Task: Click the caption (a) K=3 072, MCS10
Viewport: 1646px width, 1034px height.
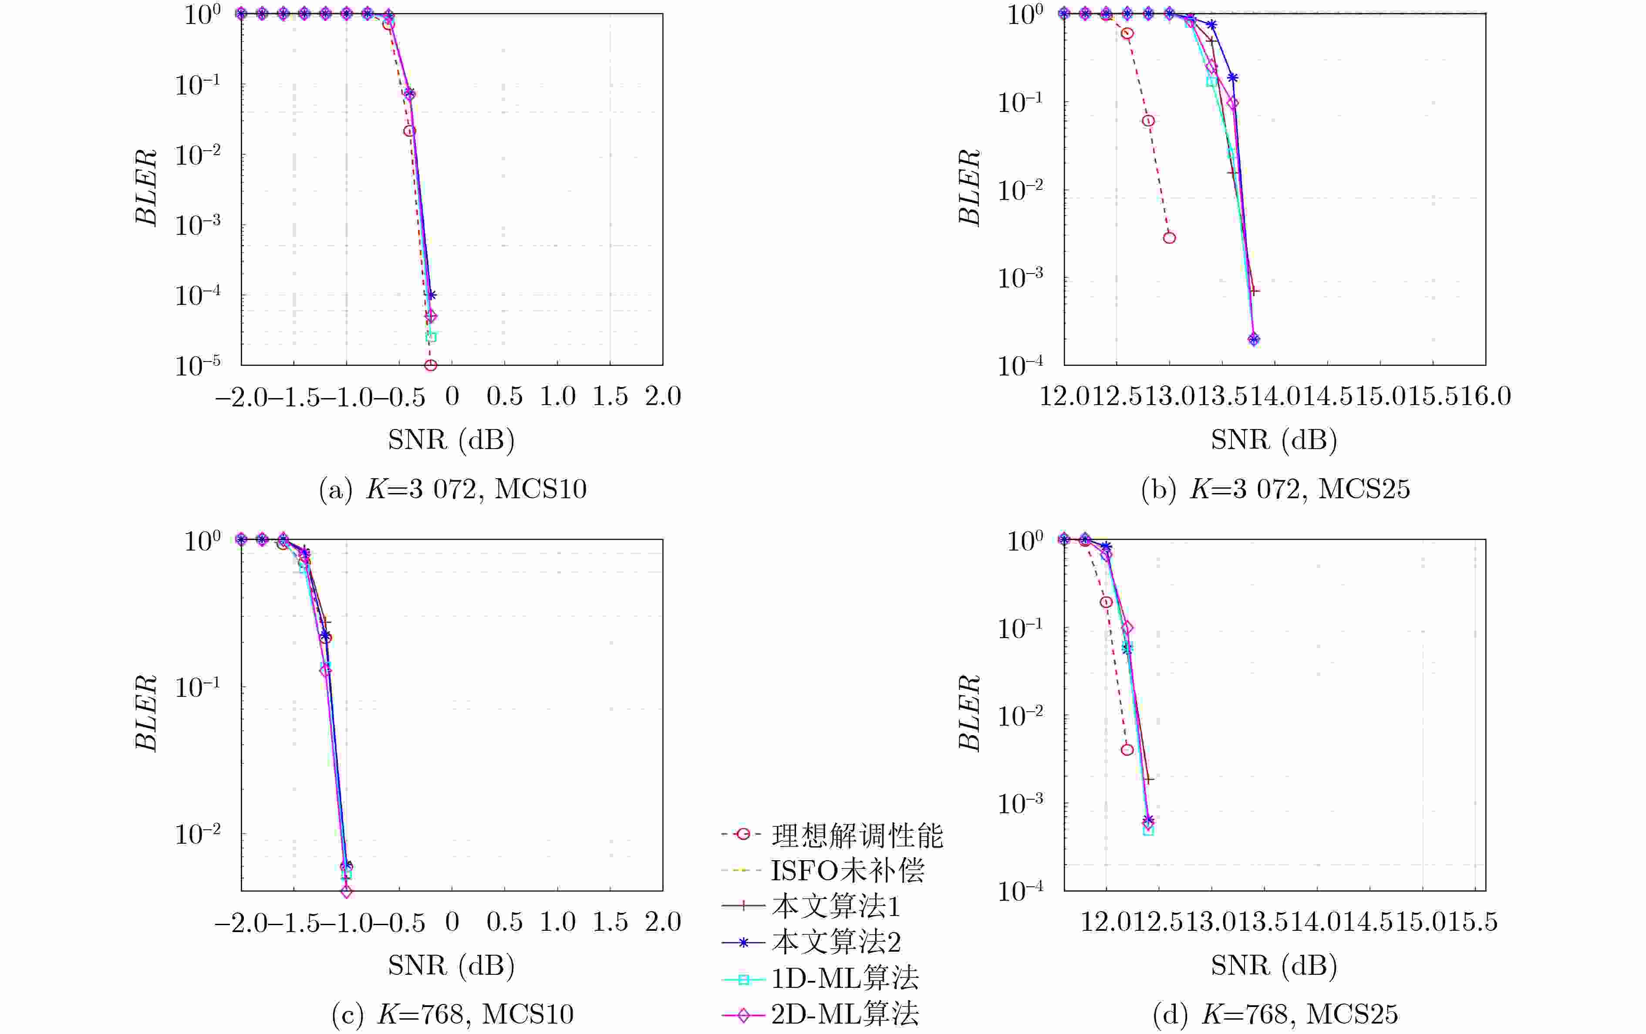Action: tap(452, 489)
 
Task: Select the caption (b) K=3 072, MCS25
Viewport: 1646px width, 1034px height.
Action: tap(1275, 489)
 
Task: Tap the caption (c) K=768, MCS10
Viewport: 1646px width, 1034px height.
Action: tap(452, 1014)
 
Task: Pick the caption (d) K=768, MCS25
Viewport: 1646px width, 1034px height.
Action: tap(1275, 1014)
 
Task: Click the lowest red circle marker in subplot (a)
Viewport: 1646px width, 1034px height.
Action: tap(431, 365)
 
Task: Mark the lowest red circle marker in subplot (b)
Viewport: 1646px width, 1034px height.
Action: tap(1170, 238)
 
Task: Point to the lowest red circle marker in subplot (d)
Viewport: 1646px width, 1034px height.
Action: tap(1127, 750)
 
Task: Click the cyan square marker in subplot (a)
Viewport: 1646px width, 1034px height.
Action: tap(431, 336)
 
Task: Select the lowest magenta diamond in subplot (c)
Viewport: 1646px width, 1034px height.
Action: tap(347, 892)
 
